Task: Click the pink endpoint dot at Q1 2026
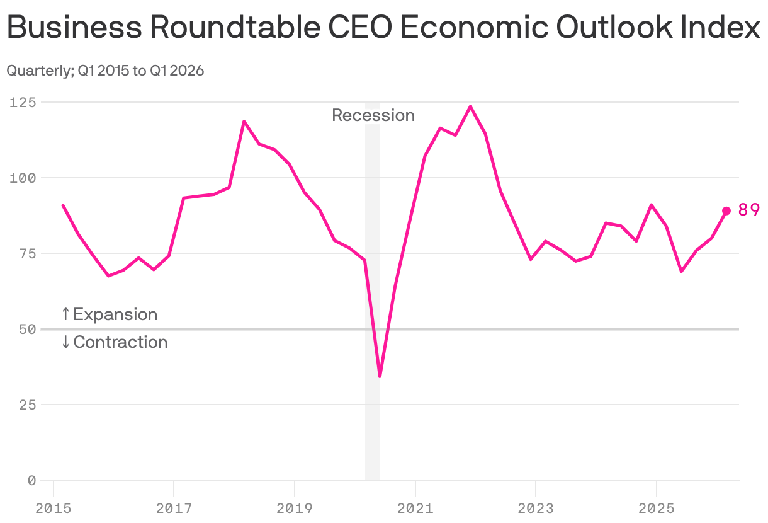(726, 210)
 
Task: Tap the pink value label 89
(748, 210)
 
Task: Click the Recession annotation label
(373, 115)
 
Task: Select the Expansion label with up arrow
(110, 314)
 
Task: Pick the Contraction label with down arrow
(115, 342)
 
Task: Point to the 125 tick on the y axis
(23, 102)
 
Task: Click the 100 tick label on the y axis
(23, 178)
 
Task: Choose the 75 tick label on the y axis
(26, 253)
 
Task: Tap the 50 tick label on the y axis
(26, 329)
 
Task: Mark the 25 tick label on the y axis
(26, 405)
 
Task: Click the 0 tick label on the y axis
(31, 480)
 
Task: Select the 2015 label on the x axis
(54, 508)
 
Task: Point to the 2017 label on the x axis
(174, 508)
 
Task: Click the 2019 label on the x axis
(295, 508)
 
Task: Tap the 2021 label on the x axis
(415, 508)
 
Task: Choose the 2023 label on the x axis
(536, 508)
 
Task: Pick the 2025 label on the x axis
(657, 508)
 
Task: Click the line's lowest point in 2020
(380, 376)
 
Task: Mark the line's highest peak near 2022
(470, 106)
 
